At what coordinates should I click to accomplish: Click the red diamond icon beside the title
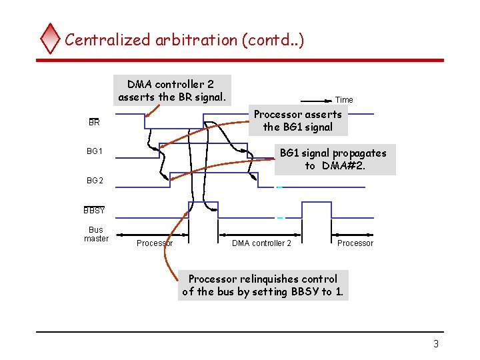pyautogui.click(x=51, y=39)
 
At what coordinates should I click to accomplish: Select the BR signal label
pyautogui.click(x=94, y=123)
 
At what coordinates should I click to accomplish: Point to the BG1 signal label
pyautogui.click(x=95, y=151)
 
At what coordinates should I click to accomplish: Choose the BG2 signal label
pyautogui.click(x=95, y=181)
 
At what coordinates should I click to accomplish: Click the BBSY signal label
pyautogui.click(x=95, y=211)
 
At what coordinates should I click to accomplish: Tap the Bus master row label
pyautogui.click(x=96, y=234)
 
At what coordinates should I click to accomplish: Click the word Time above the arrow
pyautogui.click(x=344, y=100)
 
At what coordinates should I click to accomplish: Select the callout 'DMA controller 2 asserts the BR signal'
pyautogui.click(x=173, y=91)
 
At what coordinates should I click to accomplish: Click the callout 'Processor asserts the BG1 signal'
pyautogui.click(x=298, y=121)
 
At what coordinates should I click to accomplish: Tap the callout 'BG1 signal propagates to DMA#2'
pyautogui.click(x=333, y=159)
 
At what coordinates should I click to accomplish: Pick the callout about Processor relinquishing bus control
pyautogui.click(x=263, y=285)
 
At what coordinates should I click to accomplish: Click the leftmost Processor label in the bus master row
pyautogui.click(x=155, y=243)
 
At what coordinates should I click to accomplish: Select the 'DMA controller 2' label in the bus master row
pyautogui.click(x=261, y=243)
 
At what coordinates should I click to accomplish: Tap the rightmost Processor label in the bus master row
pyautogui.click(x=355, y=243)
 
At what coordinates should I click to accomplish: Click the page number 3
pyautogui.click(x=436, y=344)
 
